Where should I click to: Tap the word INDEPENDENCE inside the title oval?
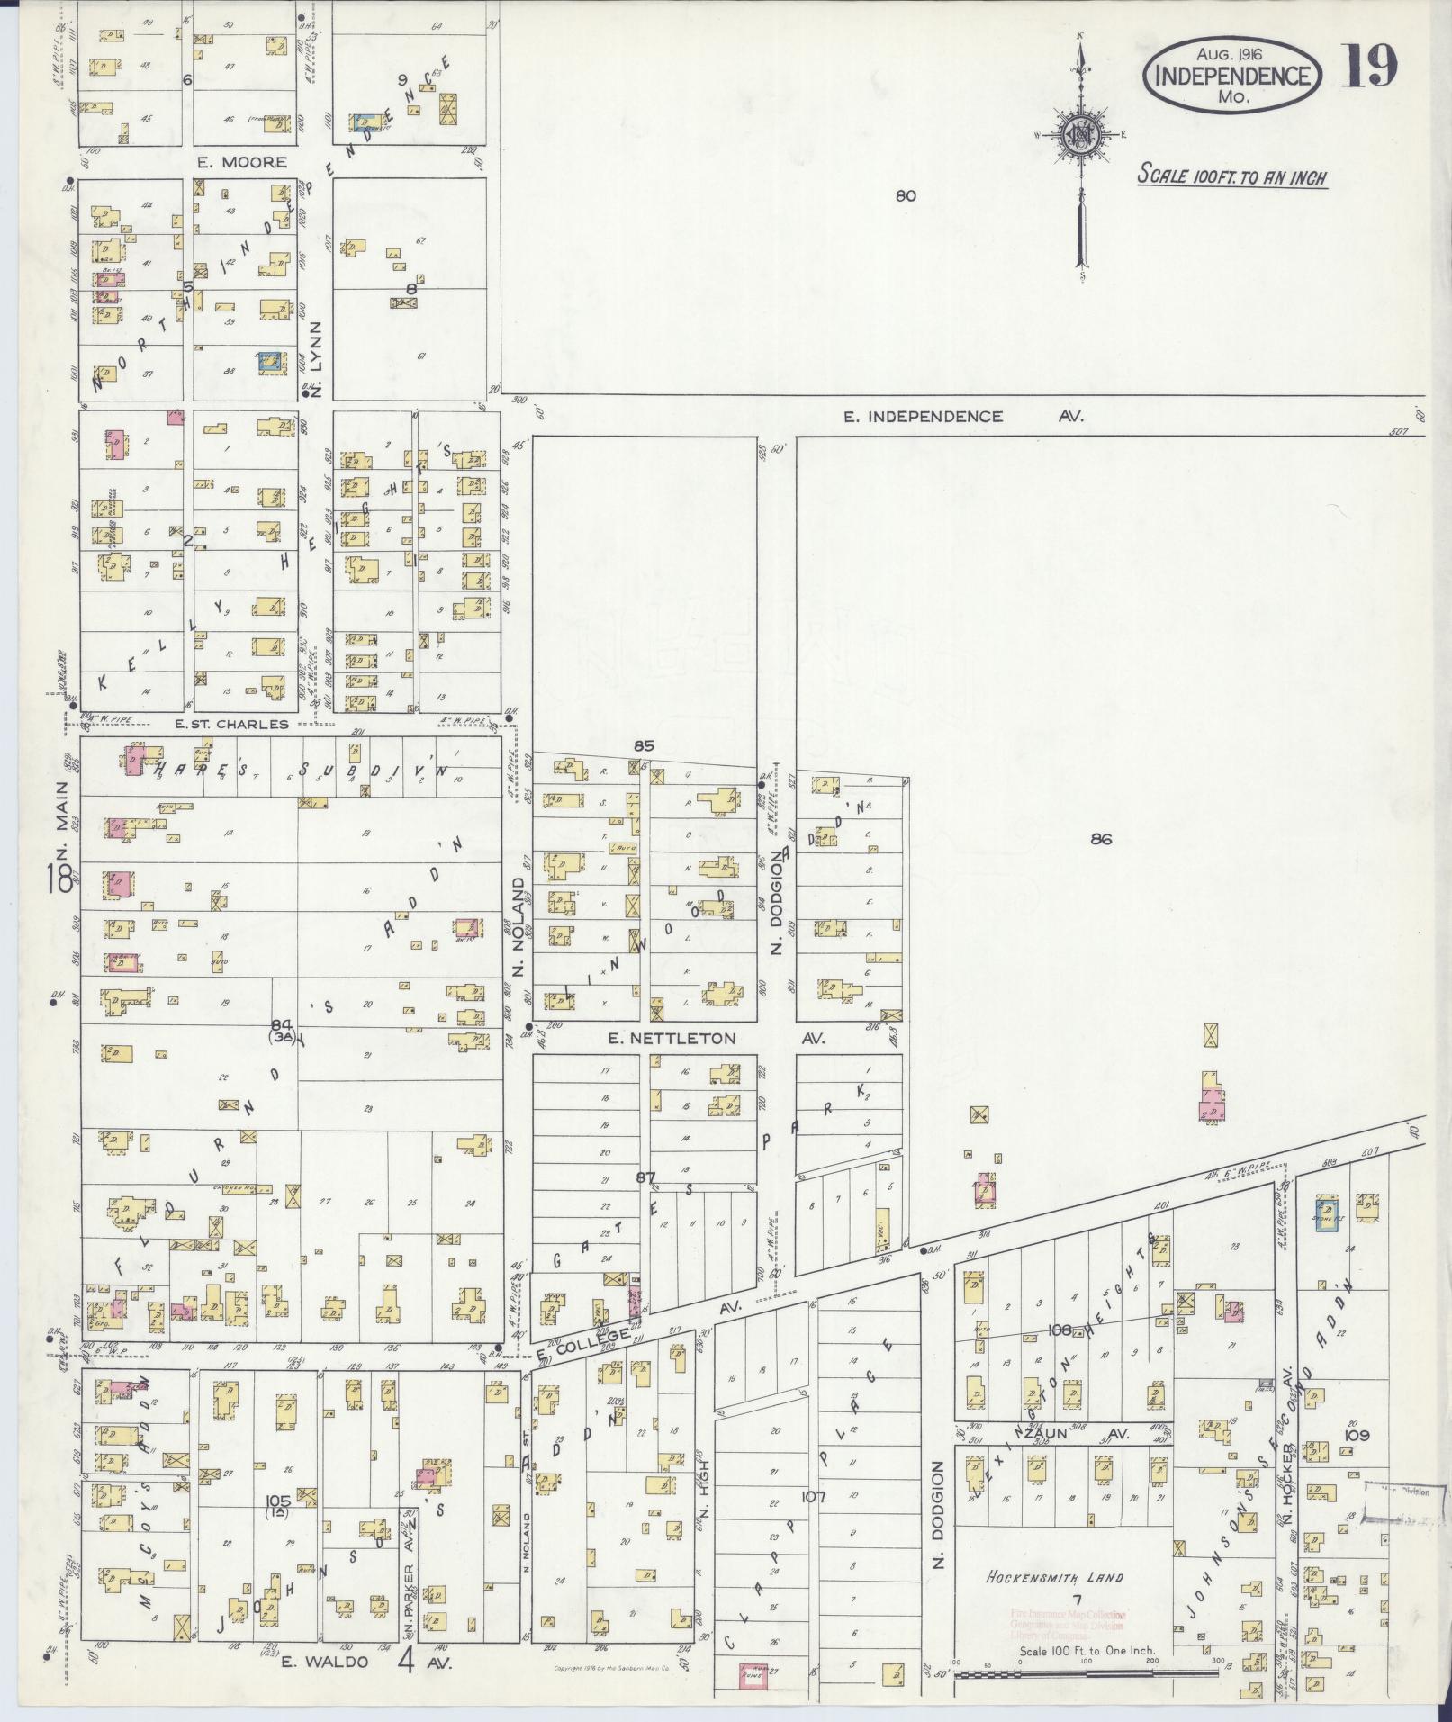pyautogui.click(x=1231, y=76)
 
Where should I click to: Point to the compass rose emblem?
pyautogui.click(x=1078, y=137)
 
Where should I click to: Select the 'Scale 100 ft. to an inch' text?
pyautogui.click(x=1231, y=176)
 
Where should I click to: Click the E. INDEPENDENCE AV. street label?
pyautogui.click(x=962, y=416)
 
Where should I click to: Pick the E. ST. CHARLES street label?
pyautogui.click(x=231, y=723)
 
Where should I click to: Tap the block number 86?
pyautogui.click(x=1100, y=839)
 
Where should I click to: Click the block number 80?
pyautogui.click(x=905, y=195)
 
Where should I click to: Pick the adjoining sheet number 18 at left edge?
pyautogui.click(x=61, y=879)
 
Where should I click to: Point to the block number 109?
pyautogui.click(x=1356, y=1435)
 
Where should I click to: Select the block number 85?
pyautogui.click(x=643, y=745)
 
